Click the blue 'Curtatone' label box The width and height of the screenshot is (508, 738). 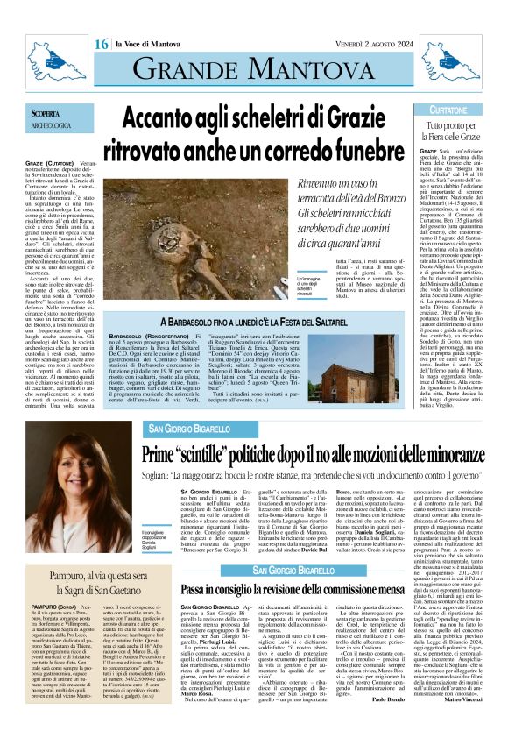pos(448,110)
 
